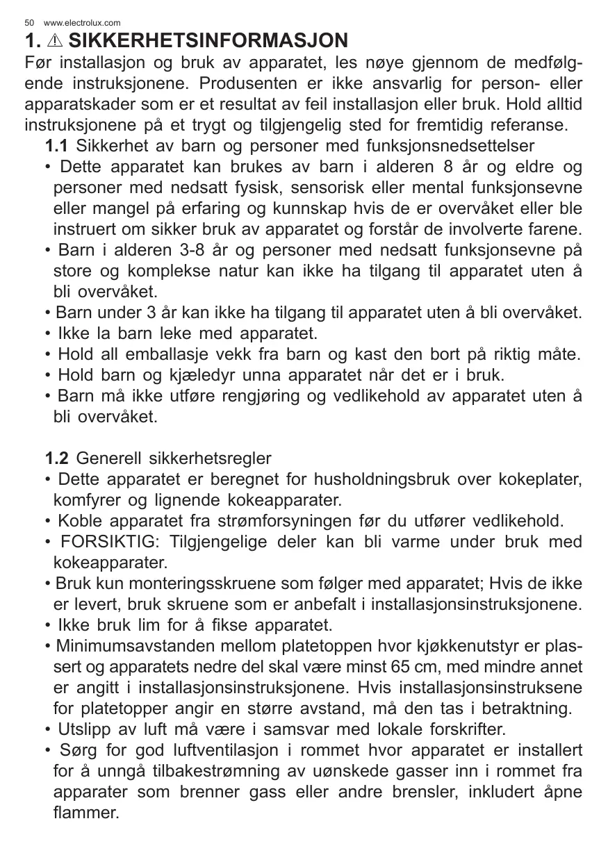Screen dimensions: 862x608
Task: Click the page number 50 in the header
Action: click(x=28, y=23)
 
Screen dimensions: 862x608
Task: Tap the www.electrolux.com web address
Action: click(x=82, y=23)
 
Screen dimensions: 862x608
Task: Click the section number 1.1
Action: click(x=56, y=147)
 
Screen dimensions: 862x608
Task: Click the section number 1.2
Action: click(x=56, y=458)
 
